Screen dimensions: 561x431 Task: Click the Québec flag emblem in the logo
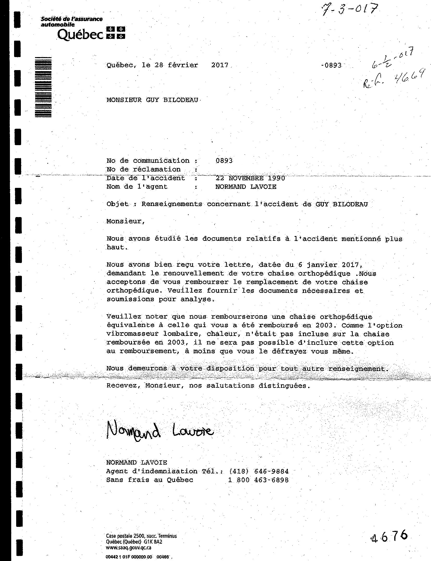(116, 33)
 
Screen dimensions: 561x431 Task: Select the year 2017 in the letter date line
(220, 65)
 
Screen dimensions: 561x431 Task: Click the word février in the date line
(183, 65)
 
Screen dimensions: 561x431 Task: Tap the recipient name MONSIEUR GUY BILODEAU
(152, 100)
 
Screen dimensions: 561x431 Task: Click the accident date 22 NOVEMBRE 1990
(250, 178)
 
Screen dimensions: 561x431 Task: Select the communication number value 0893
(224, 161)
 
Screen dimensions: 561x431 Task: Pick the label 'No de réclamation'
(143, 169)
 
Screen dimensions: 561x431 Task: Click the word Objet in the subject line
(117, 204)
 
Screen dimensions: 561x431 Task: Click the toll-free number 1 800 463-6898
(258, 480)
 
